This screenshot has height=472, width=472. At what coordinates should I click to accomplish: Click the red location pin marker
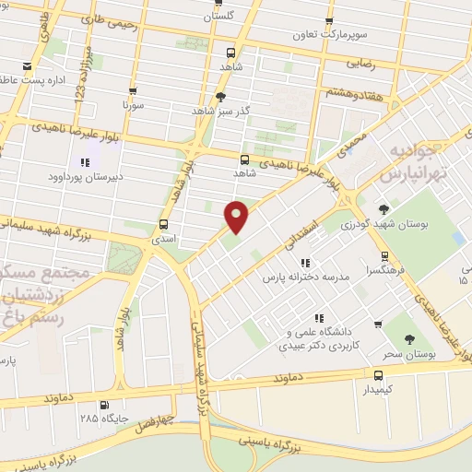coord(237,217)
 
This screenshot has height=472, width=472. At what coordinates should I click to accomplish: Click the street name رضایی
coord(360,65)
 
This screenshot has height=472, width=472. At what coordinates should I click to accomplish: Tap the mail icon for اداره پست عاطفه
coord(28,66)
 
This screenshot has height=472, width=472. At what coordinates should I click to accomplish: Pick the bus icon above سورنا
coord(134,91)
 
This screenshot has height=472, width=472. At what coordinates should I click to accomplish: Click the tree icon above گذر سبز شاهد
coord(219,96)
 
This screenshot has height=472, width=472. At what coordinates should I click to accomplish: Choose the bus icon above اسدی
coord(164,224)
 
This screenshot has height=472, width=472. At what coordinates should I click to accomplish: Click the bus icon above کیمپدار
coord(378,374)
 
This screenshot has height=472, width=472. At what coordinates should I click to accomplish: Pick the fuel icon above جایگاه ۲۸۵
coord(103,404)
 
